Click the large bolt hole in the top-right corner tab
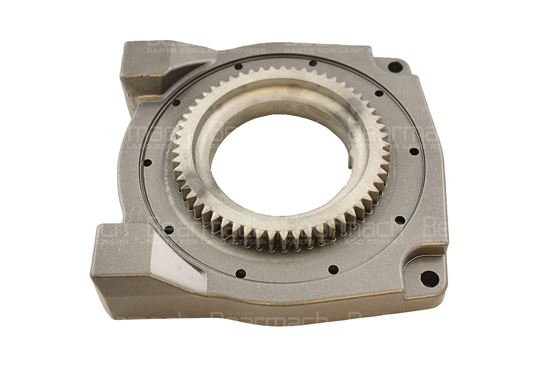click(x=395, y=67)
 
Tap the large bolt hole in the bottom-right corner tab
click(x=429, y=279)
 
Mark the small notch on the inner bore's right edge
click(x=349, y=163)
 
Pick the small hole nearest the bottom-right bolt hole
click(x=400, y=220)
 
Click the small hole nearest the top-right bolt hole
click(x=379, y=93)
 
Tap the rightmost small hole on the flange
click(x=414, y=152)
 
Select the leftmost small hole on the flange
click(x=147, y=163)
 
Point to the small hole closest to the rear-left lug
click(x=176, y=102)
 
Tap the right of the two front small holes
click(x=333, y=269)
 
